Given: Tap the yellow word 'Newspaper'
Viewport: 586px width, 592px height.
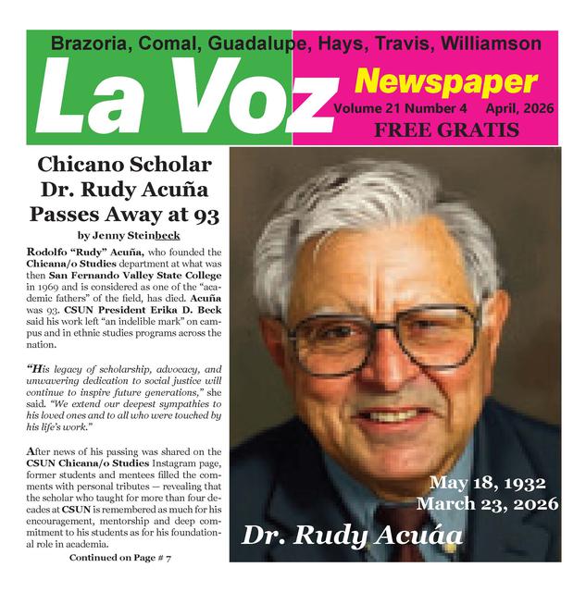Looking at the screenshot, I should click(x=445, y=82).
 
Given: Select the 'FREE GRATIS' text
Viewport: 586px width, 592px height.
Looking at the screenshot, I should click(x=446, y=130).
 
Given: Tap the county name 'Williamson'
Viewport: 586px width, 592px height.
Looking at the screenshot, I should click(x=491, y=43).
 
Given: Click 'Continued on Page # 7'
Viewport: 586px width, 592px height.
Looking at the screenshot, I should click(x=120, y=559).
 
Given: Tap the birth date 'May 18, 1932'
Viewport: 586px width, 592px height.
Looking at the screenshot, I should click(x=487, y=484).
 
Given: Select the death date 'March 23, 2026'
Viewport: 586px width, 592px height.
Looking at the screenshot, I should click(x=487, y=504).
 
